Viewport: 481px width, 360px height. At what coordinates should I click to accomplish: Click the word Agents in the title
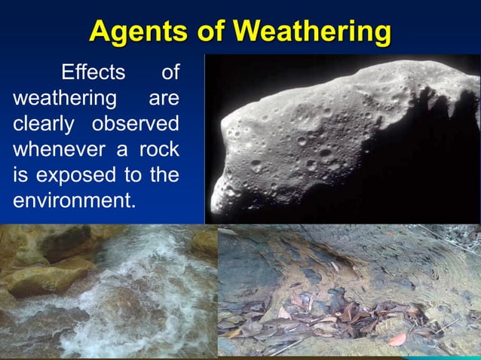pyautogui.click(x=139, y=31)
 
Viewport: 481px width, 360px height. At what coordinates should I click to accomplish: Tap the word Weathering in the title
pyautogui.click(x=313, y=31)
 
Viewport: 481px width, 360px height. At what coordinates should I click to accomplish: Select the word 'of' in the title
pyautogui.click(x=210, y=31)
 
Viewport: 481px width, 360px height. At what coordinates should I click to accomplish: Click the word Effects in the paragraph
pyautogui.click(x=92, y=73)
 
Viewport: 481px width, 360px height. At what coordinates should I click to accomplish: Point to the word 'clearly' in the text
pyautogui.click(x=42, y=124)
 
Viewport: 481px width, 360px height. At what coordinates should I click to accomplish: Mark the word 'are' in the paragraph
pyautogui.click(x=164, y=99)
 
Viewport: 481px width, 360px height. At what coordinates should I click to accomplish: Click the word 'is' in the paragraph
pyautogui.click(x=21, y=175)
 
